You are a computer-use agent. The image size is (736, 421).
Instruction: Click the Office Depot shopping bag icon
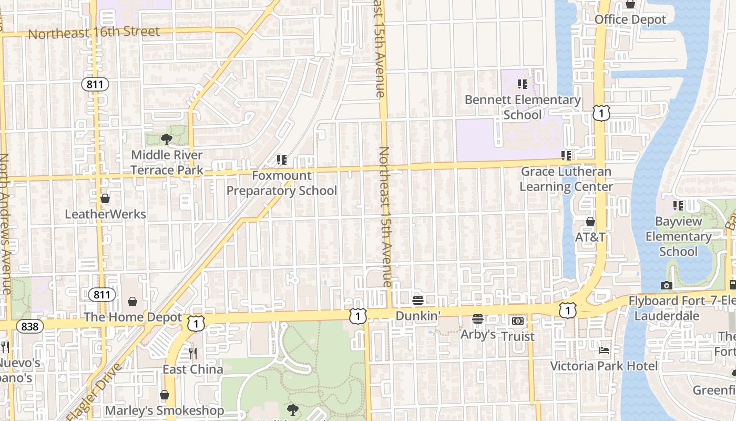[x=630, y=5]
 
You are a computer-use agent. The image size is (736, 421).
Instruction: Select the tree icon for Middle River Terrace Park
[x=167, y=139]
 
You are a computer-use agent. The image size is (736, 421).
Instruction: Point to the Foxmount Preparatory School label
[x=281, y=183]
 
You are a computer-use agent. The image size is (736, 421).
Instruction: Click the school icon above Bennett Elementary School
[x=522, y=84]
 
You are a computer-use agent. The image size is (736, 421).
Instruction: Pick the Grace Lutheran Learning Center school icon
[x=566, y=156]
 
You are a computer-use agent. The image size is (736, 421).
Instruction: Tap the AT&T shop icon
[x=590, y=222]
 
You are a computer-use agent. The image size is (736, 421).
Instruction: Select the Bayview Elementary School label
[x=678, y=236]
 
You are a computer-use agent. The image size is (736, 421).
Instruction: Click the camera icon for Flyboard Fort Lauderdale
[x=666, y=286]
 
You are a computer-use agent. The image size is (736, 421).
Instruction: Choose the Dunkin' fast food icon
[x=418, y=300]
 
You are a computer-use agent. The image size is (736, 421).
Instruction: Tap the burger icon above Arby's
[x=477, y=319]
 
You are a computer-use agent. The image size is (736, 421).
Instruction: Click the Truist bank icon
[x=517, y=321]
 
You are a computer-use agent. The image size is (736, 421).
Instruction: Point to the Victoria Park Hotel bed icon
[x=604, y=350]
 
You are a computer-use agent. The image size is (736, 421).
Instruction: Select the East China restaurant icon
[x=193, y=353]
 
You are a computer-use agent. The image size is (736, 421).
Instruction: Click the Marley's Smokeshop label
[x=165, y=410]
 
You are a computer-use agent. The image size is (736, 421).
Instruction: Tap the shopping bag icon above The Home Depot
[x=132, y=302]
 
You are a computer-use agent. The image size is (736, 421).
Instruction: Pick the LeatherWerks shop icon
[x=105, y=198]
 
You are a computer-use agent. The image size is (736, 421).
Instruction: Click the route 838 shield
[x=30, y=326]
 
